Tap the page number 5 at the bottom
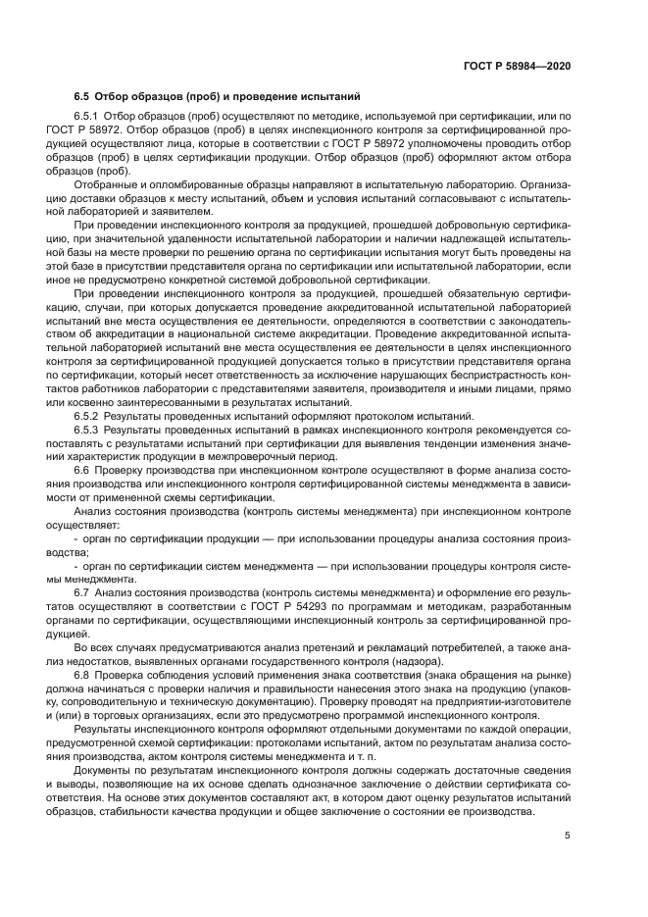point(568,836)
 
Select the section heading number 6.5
point(82,96)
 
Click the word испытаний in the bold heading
point(330,96)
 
